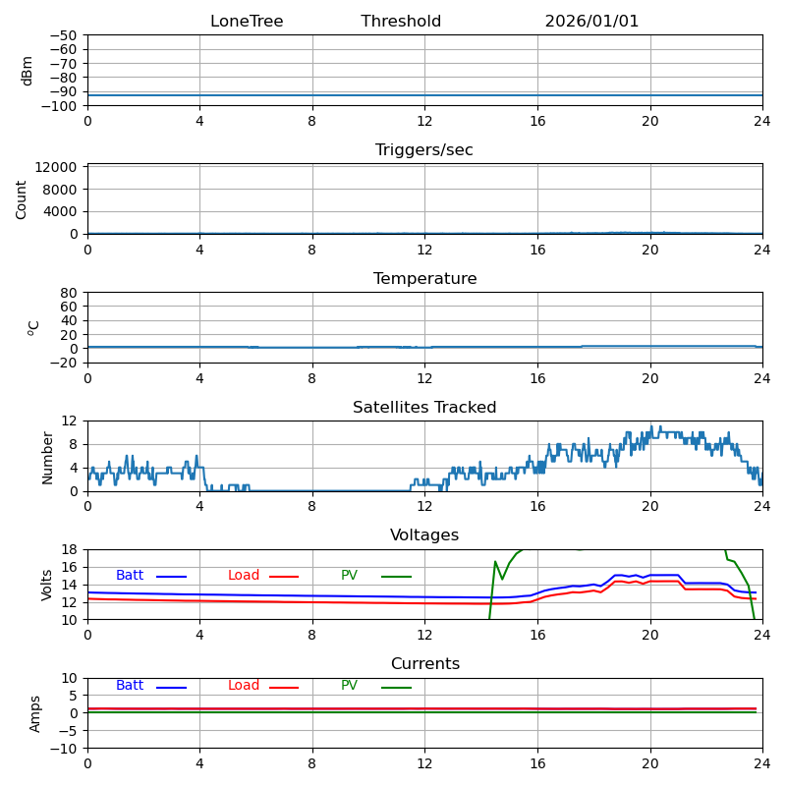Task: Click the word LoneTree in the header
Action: (x=247, y=22)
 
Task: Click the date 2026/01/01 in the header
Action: (x=591, y=22)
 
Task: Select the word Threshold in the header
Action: (x=401, y=22)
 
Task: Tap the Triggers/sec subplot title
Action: (x=424, y=150)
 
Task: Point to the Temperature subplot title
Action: (x=424, y=279)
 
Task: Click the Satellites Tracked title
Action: (x=424, y=408)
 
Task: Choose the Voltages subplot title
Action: (x=424, y=535)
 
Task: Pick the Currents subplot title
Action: (x=424, y=664)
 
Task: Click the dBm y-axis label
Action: (x=28, y=71)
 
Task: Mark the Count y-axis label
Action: (x=22, y=199)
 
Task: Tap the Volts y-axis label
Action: (x=47, y=585)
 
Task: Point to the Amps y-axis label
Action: (x=35, y=713)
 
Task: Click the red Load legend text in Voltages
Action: (x=244, y=576)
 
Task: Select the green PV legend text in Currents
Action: (x=349, y=686)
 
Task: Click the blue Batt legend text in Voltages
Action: (x=130, y=576)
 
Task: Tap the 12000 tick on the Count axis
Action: (x=58, y=168)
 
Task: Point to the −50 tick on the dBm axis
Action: (x=62, y=35)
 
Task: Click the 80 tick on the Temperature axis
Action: (x=70, y=293)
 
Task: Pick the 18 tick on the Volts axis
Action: (x=70, y=549)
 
